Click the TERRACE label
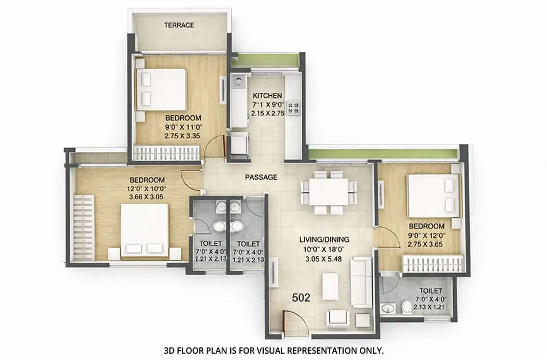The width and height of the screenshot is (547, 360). click(179, 25)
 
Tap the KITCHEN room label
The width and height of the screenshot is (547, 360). click(268, 96)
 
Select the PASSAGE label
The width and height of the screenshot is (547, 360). click(261, 177)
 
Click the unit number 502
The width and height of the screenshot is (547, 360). click(301, 298)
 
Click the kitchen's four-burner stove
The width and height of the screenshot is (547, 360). click(294, 108)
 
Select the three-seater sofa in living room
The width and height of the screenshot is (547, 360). click(362, 282)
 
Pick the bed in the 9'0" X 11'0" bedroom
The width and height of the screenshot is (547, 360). click(161, 89)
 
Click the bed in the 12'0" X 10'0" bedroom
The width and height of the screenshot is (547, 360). click(144, 230)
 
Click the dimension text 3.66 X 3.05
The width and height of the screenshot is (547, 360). click(147, 197)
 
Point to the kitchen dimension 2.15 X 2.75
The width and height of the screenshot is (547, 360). click(268, 113)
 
